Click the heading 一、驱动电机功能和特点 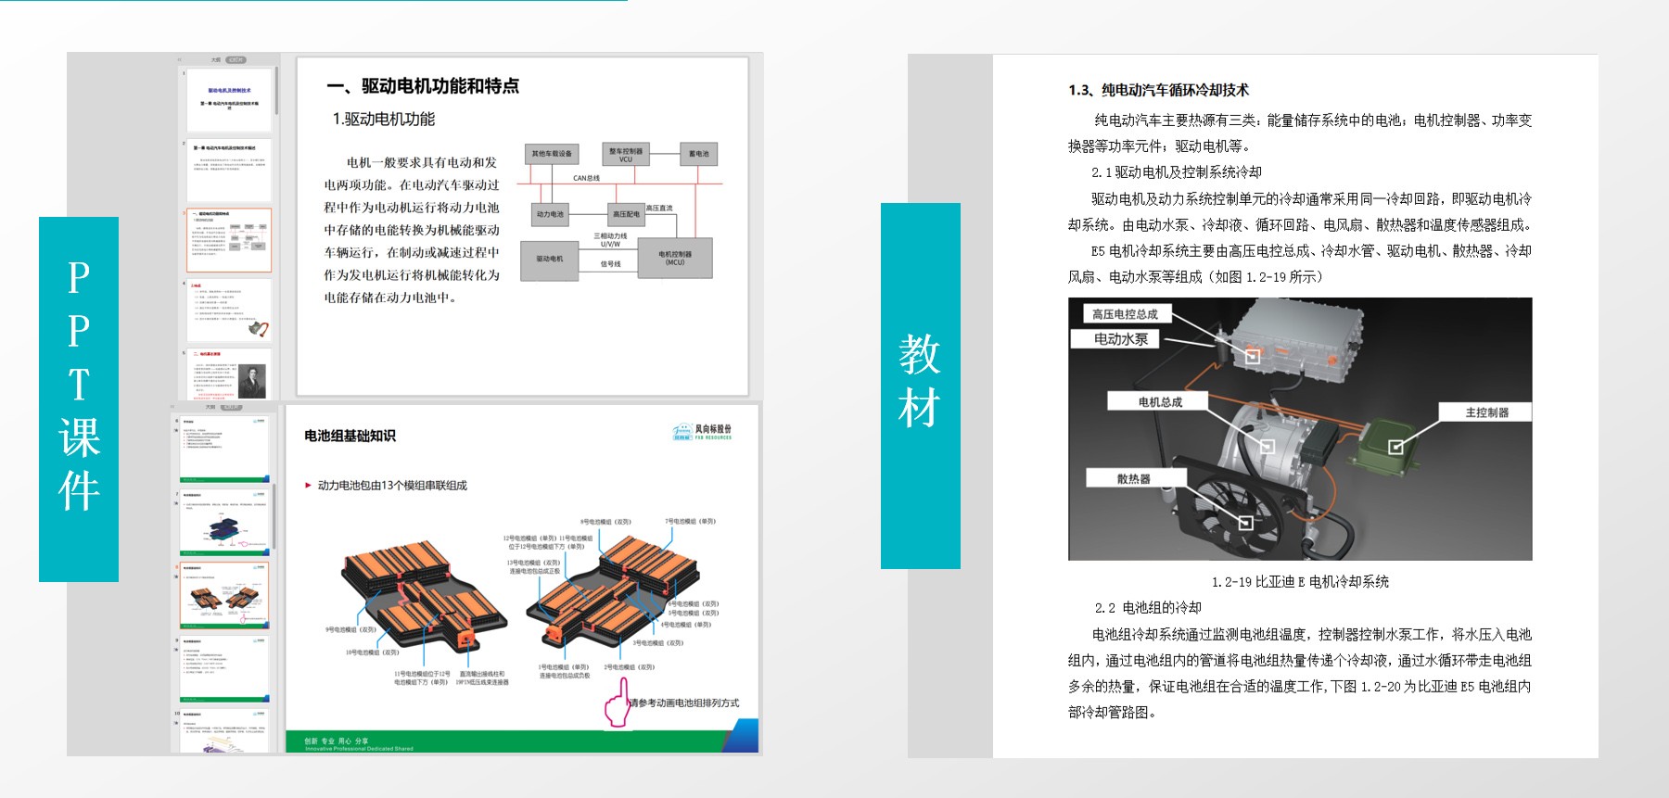coord(422,86)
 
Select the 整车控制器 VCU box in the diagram coord(626,153)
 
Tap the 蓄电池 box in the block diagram coord(699,154)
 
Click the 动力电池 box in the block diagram coord(550,214)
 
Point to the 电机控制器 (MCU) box coord(675,258)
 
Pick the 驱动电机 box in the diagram coord(550,259)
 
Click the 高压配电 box coord(626,214)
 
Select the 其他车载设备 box coord(552,154)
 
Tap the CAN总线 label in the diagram coord(586,178)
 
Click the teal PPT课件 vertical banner coord(79,399)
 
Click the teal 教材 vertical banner coord(920,385)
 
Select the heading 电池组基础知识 coord(350,436)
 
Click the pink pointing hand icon coord(618,704)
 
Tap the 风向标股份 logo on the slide coord(702,432)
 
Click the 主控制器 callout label coord(1485,412)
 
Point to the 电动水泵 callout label coord(1121,339)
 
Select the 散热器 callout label coord(1133,478)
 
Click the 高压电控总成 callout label coord(1125,314)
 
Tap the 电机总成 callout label coord(1159,401)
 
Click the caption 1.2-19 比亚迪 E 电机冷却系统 coord(1300,582)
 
